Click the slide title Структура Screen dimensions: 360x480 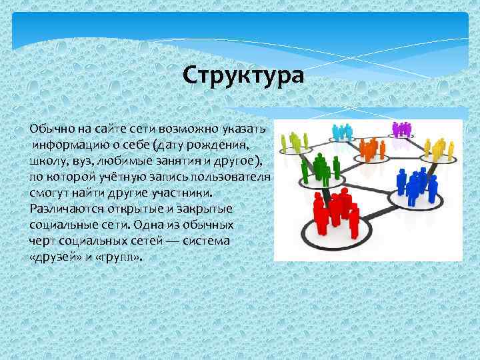pos(243,75)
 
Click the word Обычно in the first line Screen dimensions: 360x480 pos(49,127)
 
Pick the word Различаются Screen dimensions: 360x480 pos(64,209)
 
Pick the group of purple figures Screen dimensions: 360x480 pos(402,129)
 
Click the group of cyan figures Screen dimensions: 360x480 pos(341,131)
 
